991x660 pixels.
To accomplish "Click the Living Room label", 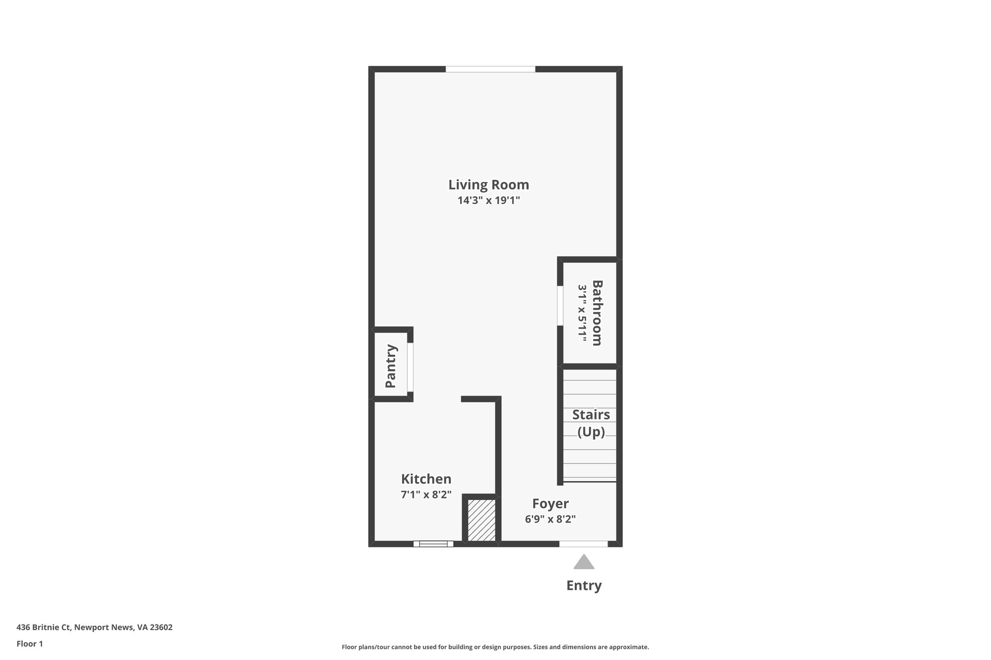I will [488, 185].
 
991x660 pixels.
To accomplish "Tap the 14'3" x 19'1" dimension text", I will [488, 200].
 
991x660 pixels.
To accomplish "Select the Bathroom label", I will [597, 312].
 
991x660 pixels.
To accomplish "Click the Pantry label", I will [390, 366].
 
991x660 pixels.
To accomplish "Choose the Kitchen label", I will [426, 479].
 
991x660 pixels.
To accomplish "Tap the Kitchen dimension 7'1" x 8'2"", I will [426, 495].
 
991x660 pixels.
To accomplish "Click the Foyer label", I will [550, 504].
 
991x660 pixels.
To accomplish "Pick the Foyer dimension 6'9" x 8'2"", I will [550, 519].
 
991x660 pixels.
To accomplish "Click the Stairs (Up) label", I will [591, 423].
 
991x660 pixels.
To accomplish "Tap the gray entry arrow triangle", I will [584, 563].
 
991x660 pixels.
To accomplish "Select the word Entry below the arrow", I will [584, 586].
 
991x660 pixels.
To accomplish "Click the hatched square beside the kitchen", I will [481, 520].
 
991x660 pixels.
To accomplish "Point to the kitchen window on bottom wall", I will [433, 544].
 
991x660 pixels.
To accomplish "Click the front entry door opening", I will [583, 544].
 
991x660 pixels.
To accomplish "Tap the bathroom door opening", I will [560, 306].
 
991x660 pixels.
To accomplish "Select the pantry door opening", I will [410, 367].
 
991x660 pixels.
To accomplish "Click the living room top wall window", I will [490, 69].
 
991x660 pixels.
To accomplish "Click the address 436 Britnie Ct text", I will [94, 628].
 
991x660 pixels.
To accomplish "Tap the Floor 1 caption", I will [30, 644].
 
